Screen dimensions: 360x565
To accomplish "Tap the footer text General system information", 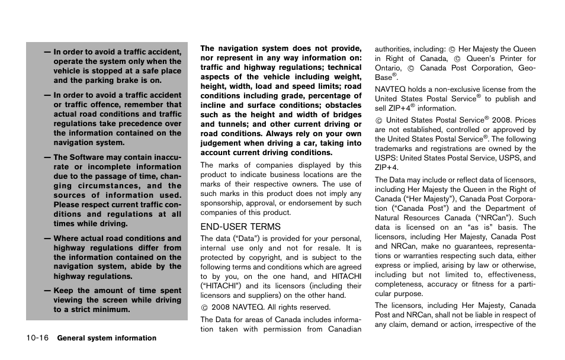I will pos(107,338).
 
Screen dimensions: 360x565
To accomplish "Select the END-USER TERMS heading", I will pos(240,227).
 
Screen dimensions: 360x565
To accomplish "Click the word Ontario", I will pos(388,68).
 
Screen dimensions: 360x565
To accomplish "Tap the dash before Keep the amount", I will pos(47,291).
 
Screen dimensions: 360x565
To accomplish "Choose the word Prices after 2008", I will pos(525,120).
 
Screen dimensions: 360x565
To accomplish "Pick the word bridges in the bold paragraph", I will pos(346,115).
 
